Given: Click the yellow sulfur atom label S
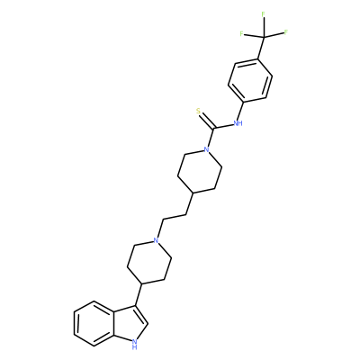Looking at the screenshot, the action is point(198,111).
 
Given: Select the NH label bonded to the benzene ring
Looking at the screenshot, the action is point(238,122).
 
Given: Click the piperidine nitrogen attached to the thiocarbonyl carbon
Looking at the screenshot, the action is point(206,149).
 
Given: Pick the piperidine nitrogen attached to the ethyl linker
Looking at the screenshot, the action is point(156,240).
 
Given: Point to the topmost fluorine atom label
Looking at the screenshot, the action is point(263,14).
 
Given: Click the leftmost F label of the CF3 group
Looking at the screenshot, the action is point(241,33).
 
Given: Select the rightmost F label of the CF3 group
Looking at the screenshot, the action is point(286,31).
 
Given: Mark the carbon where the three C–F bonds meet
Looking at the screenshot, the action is point(265,37).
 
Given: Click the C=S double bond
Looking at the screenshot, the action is point(207,121).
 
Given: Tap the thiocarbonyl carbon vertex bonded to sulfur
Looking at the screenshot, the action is point(213,129).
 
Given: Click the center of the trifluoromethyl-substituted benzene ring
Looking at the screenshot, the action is point(250,80).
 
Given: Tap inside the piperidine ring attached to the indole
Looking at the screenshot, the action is point(149,262).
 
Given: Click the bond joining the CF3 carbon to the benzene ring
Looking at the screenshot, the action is point(261,48).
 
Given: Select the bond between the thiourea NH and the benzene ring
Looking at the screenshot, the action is point(239,111).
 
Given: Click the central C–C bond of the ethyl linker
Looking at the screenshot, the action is point(175,217).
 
